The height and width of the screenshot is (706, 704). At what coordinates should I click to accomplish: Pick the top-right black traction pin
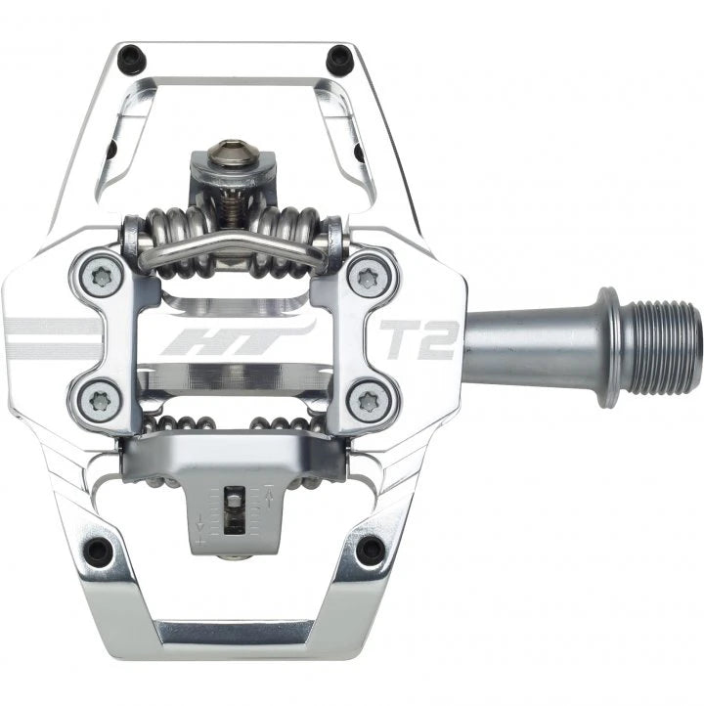(339, 58)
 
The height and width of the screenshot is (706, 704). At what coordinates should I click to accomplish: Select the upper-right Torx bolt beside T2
(370, 278)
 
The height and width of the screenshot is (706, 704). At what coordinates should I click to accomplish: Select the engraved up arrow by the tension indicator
(266, 499)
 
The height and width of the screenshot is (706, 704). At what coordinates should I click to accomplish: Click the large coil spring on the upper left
(164, 235)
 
